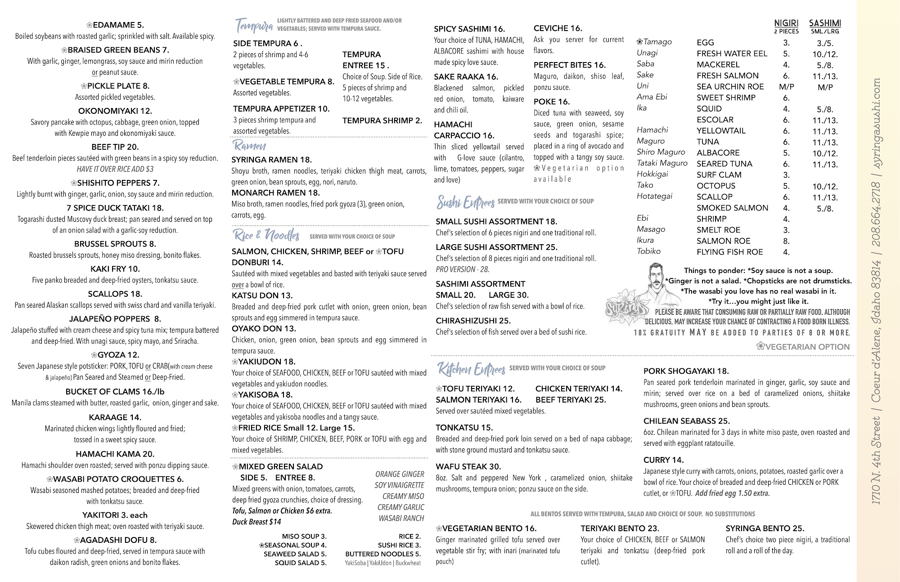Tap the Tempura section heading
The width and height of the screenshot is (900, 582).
click(x=254, y=26)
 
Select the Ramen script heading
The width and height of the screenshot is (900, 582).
click(x=249, y=145)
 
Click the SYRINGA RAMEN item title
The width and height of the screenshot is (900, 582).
click(x=271, y=160)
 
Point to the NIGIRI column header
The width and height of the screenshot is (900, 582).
click(x=786, y=23)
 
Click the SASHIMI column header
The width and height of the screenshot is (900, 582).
click(x=825, y=23)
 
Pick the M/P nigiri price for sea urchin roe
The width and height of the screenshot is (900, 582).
click(x=786, y=87)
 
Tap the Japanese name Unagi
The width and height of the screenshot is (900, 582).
click(x=647, y=53)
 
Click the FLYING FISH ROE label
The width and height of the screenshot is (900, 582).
click(x=729, y=252)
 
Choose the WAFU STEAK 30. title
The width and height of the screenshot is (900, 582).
click(x=468, y=466)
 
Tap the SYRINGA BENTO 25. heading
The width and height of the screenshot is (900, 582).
click(x=765, y=528)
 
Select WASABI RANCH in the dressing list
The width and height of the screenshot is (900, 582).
click(x=401, y=518)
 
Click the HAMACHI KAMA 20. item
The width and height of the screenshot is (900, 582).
click(x=115, y=454)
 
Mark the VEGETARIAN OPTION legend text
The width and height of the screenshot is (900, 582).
click(x=803, y=346)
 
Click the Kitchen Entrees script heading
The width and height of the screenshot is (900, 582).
click(x=471, y=369)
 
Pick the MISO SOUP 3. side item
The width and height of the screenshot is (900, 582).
click(x=304, y=536)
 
